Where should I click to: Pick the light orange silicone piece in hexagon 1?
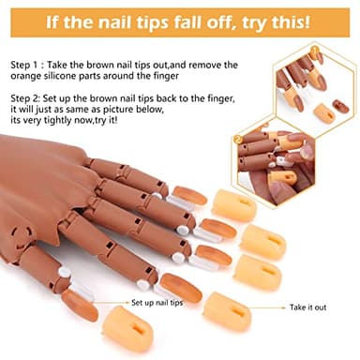(324, 113)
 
